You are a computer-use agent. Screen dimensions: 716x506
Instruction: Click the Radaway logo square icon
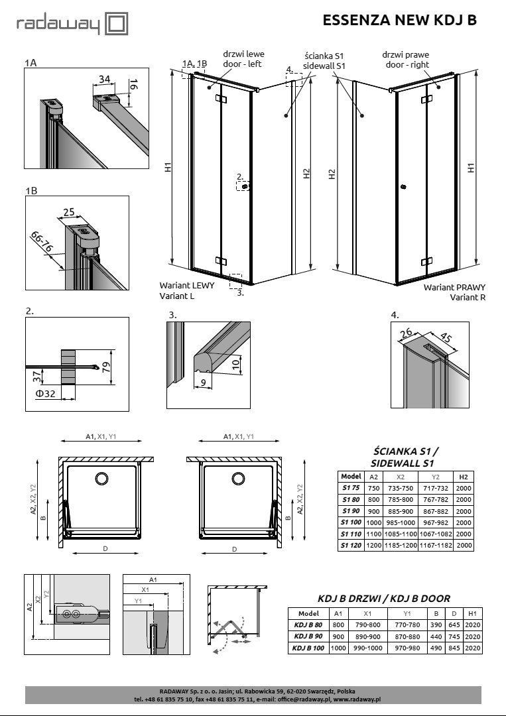pyautogui.click(x=117, y=25)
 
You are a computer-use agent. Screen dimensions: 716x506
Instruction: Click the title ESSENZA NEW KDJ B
pyautogui.click(x=399, y=21)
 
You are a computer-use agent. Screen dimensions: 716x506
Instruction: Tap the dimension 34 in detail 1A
pyautogui.click(x=104, y=80)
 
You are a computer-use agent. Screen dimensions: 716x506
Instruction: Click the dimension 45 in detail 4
pyautogui.click(x=446, y=339)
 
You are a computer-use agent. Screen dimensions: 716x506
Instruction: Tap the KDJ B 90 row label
pyautogui.click(x=309, y=636)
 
